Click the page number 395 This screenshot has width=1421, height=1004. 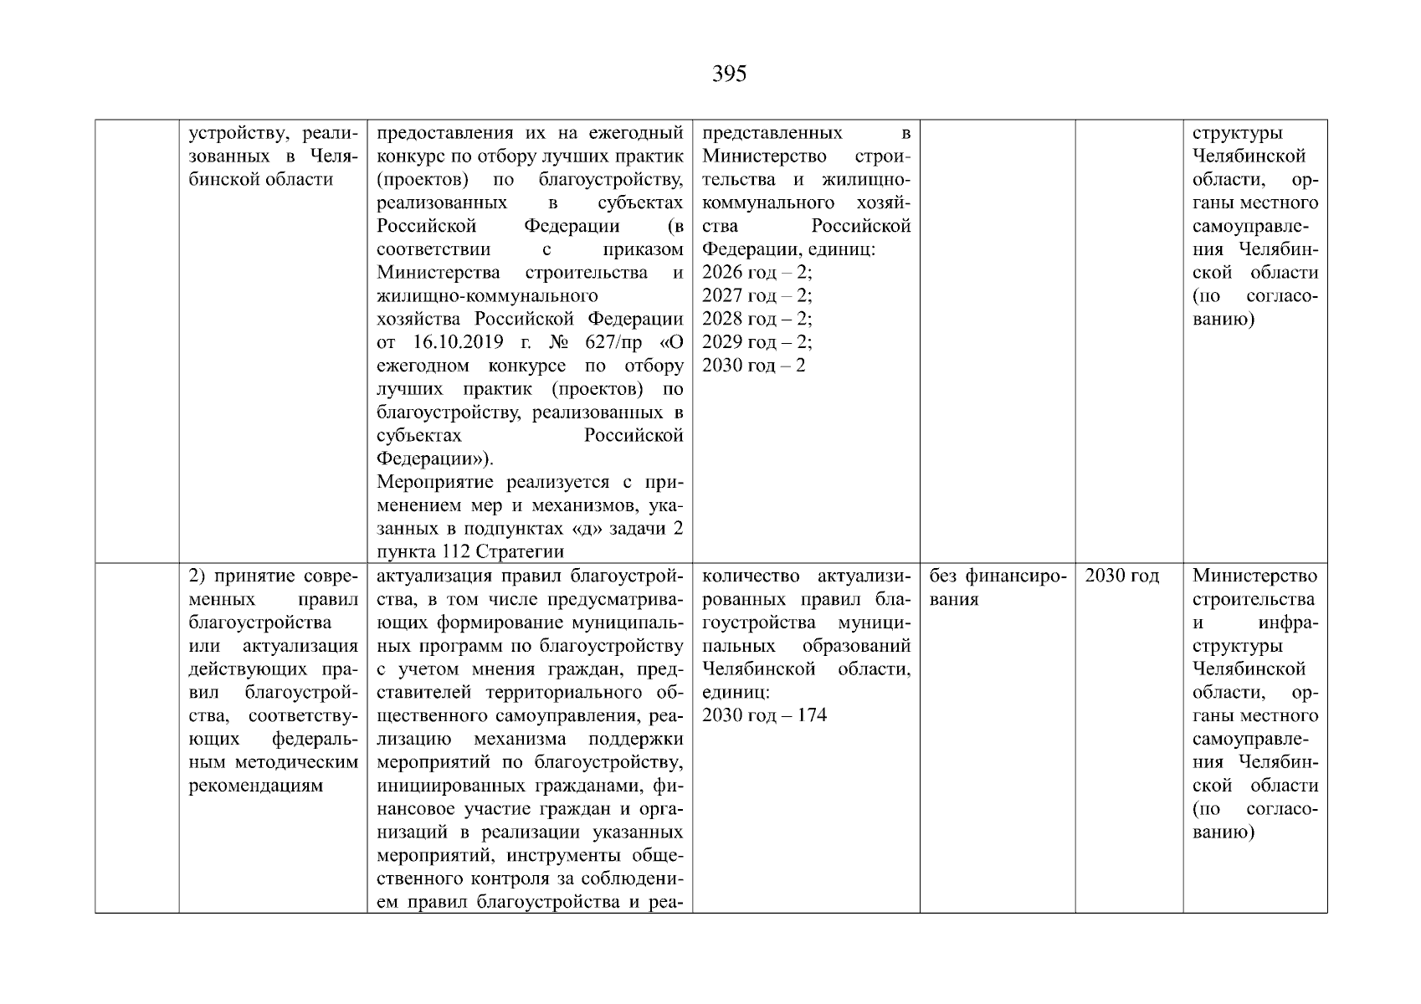point(729,74)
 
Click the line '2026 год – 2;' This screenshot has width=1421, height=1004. point(757,273)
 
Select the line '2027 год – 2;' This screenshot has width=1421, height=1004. point(757,295)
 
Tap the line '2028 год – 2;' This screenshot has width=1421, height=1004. point(757,319)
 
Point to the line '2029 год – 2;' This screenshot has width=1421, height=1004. point(757,342)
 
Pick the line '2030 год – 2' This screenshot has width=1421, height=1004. point(753,366)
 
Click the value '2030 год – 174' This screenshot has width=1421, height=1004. point(764,715)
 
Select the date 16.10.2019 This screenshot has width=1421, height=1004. point(458,342)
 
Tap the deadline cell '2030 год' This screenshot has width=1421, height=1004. point(1121,576)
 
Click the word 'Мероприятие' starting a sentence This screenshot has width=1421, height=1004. point(434,483)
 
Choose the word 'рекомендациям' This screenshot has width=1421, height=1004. point(255,786)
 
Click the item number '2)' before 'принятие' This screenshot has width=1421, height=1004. point(198,576)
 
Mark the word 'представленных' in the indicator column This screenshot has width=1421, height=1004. point(772,134)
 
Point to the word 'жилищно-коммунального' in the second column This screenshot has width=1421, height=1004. point(487,296)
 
